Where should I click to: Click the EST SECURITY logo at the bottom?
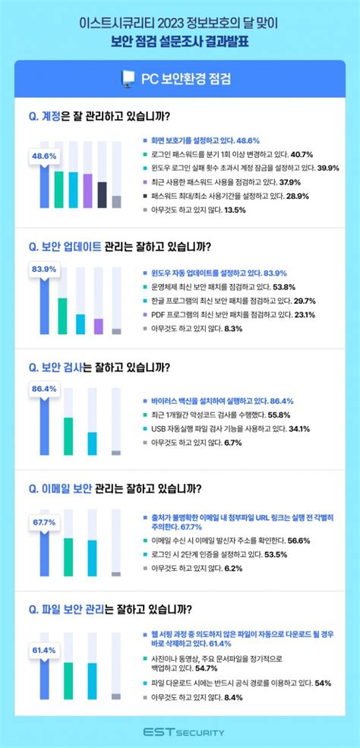tap(180, 731)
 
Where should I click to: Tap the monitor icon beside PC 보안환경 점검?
tap(127, 78)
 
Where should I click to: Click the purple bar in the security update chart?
tap(97, 326)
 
